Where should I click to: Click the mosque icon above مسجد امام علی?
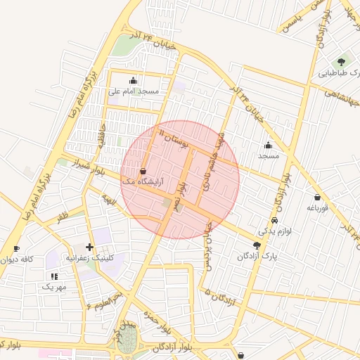point(134,80)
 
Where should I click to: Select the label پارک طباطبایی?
point(339,73)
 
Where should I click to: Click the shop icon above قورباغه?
point(318,197)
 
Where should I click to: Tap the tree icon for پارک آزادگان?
point(257,245)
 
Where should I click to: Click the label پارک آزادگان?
point(257,257)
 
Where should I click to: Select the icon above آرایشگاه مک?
point(143,171)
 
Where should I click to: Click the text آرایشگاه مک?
point(143,181)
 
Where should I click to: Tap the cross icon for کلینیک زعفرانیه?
point(89,247)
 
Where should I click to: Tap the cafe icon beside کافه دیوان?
point(16,248)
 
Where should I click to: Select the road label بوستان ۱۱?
point(174,138)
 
